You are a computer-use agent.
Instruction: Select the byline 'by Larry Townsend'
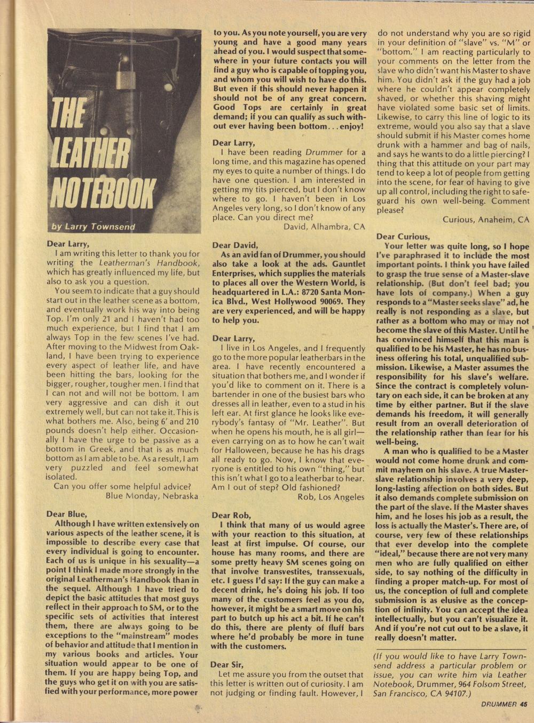click(93, 227)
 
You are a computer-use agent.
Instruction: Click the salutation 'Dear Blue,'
click(66, 514)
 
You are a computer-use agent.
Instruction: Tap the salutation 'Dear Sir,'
click(227, 664)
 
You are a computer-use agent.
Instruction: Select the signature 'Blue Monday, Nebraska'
click(152, 495)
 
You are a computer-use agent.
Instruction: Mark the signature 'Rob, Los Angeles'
click(331, 496)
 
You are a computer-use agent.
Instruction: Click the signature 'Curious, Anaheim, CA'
click(486, 219)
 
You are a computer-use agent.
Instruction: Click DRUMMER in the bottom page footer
click(497, 703)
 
